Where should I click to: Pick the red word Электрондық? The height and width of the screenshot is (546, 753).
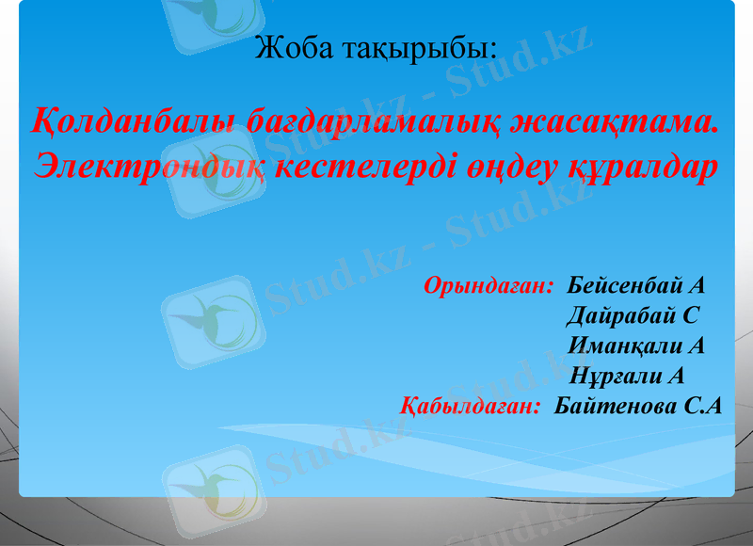coord(149,167)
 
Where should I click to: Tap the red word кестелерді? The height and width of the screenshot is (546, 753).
coord(364,167)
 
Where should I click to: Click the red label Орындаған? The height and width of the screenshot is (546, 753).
coord(489,285)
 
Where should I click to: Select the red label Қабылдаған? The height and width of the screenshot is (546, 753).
coord(470,407)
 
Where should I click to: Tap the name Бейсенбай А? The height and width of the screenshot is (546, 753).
coord(636,285)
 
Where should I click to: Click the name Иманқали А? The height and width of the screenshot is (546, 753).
coord(636,345)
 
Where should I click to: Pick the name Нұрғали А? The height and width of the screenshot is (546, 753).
coord(627,377)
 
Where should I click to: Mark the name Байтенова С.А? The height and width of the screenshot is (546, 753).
coord(638,407)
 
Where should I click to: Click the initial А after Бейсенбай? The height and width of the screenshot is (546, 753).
coord(697,285)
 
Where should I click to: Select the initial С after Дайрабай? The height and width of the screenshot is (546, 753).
coord(691,315)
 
